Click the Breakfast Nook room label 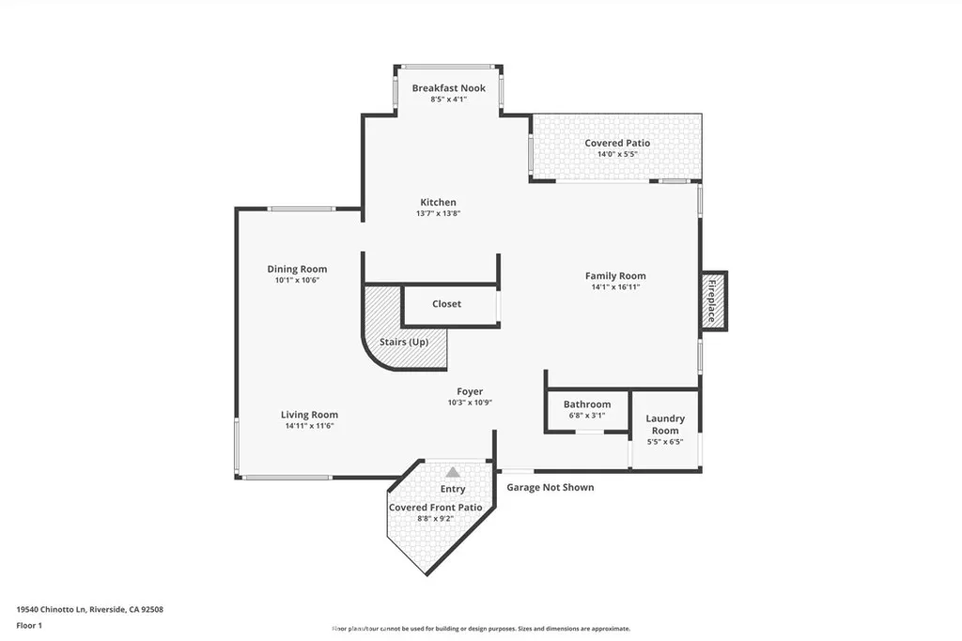[448, 88]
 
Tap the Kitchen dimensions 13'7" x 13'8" [438, 214]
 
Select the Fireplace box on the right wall [712, 300]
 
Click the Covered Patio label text [617, 143]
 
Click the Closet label [446, 304]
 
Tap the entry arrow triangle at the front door [453, 472]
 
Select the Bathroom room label [586, 404]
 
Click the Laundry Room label [664, 424]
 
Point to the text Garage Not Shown [550, 487]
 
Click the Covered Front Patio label [435, 507]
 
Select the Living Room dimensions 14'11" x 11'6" [309, 426]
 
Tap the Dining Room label [297, 269]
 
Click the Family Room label [615, 276]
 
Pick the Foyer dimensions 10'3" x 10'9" [470, 403]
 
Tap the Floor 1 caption [29, 625]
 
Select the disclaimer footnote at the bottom [480, 629]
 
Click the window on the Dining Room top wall [301, 208]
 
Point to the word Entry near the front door [453, 489]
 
